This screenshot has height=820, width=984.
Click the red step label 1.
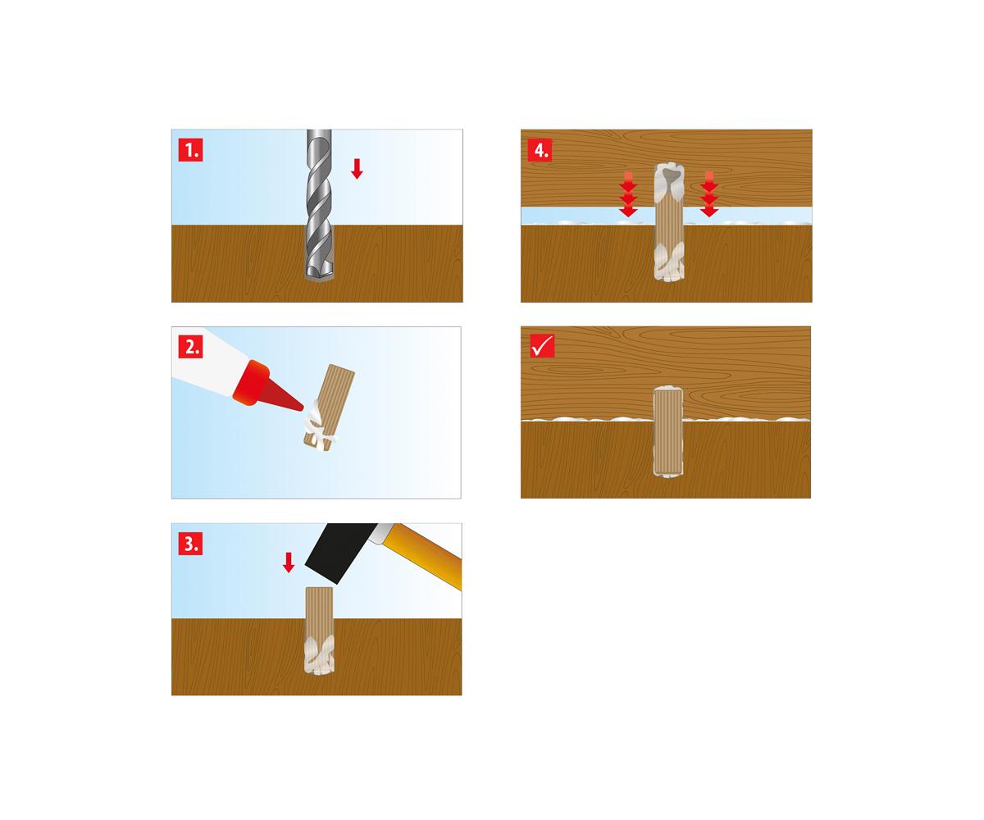(190, 150)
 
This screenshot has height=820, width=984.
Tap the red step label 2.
(190, 346)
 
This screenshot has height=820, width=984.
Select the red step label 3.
(190, 544)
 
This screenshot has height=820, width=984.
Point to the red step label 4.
(540, 150)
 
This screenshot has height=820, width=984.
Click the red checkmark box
(542, 346)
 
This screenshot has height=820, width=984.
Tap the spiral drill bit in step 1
(319, 206)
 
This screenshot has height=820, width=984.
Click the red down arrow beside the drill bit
(357, 169)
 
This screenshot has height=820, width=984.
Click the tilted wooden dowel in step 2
(329, 406)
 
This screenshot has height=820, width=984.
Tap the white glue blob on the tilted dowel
(318, 426)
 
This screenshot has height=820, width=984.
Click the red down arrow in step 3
(289, 563)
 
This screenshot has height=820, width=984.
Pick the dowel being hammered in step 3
(319, 631)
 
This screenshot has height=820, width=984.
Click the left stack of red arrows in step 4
(628, 194)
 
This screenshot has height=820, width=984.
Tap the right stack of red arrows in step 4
(708, 194)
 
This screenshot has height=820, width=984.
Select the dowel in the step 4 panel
(669, 223)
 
